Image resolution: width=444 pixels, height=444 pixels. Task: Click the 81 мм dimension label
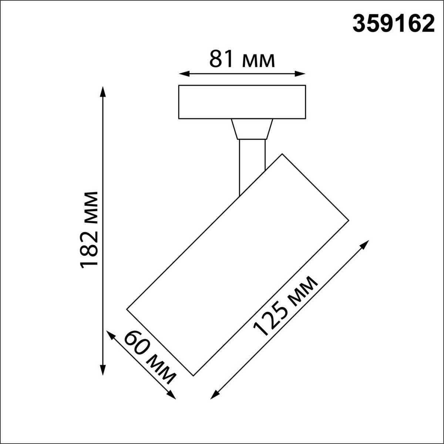pyautogui.click(x=242, y=59)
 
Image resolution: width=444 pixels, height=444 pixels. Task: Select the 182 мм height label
pyautogui.click(x=89, y=229)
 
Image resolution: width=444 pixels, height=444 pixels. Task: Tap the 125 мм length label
pyautogui.click(x=285, y=307)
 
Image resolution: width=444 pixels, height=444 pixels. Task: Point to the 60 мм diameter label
pyautogui.click(x=149, y=357)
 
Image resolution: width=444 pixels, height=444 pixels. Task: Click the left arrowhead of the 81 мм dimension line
pyautogui.click(x=182, y=74)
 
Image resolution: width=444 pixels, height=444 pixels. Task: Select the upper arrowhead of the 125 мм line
pyautogui.click(x=366, y=243)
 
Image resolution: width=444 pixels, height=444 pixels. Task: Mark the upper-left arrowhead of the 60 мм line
pyautogui.click(x=110, y=334)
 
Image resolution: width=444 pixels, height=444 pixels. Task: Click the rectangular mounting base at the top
pyautogui.click(x=242, y=102)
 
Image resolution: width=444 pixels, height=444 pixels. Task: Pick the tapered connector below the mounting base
pyautogui.click(x=252, y=129)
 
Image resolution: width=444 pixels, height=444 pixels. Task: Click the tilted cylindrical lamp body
pyautogui.click(x=238, y=265)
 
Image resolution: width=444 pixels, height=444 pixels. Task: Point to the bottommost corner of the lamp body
pyautogui.click(x=194, y=375)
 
